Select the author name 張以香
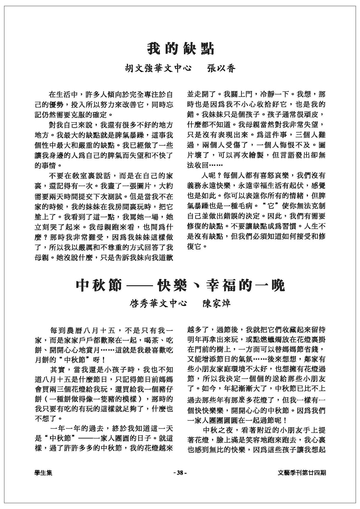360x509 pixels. (222, 69)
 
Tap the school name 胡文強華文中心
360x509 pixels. (158, 69)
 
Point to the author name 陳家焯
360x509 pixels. (216, 304)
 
